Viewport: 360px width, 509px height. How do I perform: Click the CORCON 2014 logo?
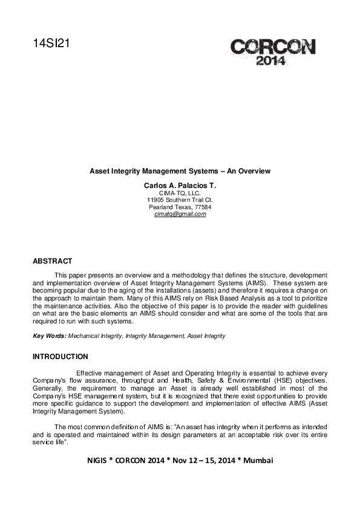272,51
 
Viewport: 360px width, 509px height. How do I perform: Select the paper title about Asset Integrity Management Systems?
180,171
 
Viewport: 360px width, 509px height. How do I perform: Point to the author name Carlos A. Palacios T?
180,184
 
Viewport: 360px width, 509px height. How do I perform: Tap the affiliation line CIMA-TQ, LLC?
180,192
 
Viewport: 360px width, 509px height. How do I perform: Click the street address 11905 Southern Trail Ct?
180,199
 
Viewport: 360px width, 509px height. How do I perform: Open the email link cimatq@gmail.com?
180,214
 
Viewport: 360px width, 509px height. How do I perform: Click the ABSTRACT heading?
52,261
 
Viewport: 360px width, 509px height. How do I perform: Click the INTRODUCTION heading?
60,357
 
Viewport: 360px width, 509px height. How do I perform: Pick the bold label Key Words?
49,336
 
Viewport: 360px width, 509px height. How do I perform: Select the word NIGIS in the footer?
99,461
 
